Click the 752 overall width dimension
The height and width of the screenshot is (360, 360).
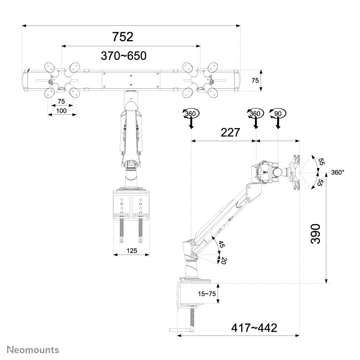click(x=123, y=37)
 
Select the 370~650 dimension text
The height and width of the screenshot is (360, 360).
click(x=124, y=56)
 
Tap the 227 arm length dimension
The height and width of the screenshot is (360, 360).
click(x=230, y=133)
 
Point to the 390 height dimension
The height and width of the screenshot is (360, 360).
click(x=315, y=234)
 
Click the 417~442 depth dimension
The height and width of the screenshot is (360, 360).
click(x=254, y=328)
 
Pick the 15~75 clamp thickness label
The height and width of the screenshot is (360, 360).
click(x=207, y=294)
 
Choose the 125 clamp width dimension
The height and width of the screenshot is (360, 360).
click(x=132, y=251)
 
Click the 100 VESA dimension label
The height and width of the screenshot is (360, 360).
click(x=61, y=111)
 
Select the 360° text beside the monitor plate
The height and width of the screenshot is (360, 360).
click(x=337, y=172)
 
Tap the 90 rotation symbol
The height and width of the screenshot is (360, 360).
click(x=278, y=114)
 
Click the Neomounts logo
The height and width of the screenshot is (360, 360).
click(x=33, y=350)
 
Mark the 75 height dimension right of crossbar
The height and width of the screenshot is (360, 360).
click(x=255, y=81)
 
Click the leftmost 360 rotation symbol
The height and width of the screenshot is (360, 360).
click(x=190, y=114)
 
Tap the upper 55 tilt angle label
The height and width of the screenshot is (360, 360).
click(x=321, y=162)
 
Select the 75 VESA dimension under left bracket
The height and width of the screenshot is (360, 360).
click(x=61, y=101)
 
